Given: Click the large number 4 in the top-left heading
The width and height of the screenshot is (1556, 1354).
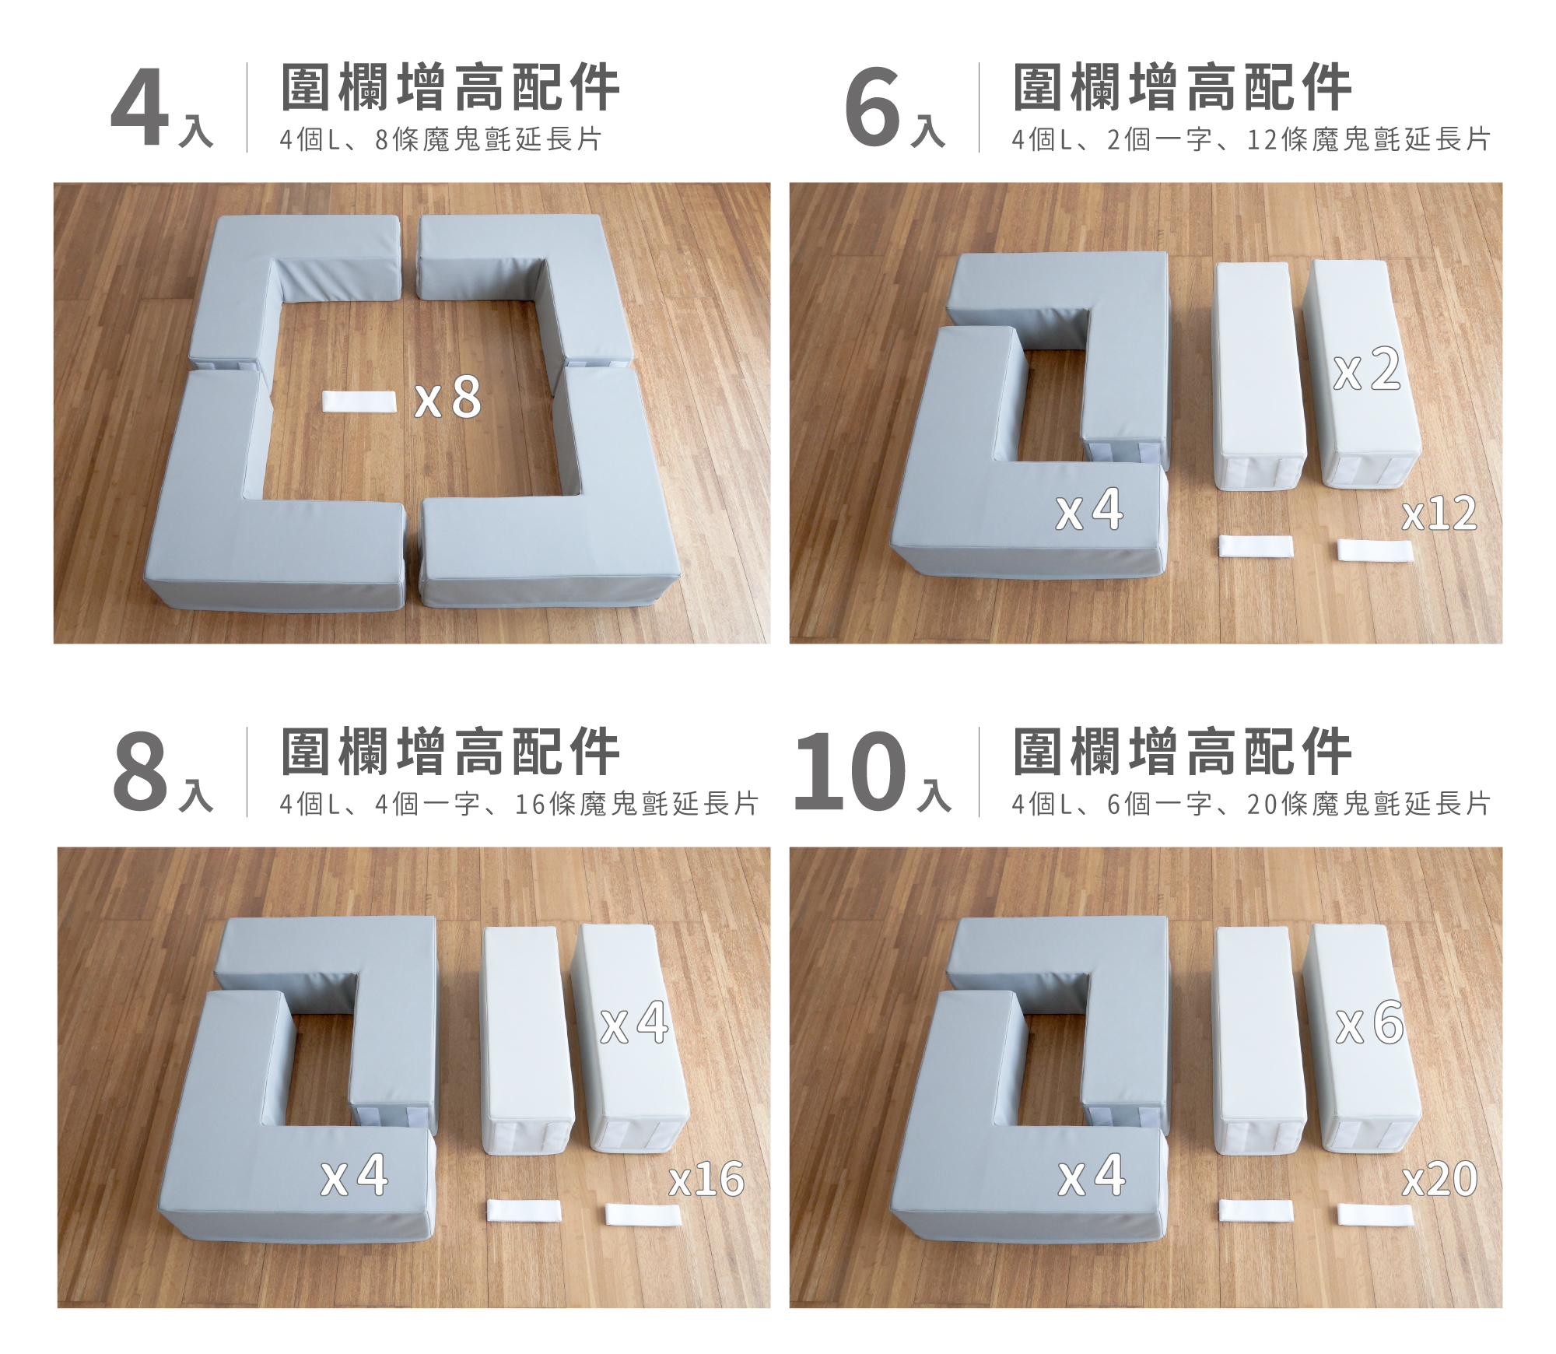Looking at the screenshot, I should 140,109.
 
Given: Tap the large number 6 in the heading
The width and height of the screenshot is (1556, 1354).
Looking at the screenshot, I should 873,109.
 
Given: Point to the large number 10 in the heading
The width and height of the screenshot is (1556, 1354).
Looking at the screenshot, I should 850,772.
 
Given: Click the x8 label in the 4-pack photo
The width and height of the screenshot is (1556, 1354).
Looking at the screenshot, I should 448,398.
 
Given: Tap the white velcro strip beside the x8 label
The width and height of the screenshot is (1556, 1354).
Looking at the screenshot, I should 359,402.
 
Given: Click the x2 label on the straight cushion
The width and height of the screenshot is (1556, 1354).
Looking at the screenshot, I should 1367,370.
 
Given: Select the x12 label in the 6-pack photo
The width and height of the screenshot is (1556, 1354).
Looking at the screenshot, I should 1439,514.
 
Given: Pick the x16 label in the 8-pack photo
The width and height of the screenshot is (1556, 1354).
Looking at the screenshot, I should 706,1180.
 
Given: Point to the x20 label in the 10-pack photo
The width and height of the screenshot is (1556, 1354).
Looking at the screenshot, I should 1439,1180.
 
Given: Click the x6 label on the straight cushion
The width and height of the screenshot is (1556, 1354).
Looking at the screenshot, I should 1369,1024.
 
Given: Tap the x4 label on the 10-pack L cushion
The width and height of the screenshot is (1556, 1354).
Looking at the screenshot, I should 1092,1176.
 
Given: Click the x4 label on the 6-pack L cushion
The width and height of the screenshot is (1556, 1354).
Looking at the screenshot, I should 1089,510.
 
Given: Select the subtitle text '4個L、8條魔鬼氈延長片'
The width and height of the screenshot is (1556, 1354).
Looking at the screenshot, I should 440,140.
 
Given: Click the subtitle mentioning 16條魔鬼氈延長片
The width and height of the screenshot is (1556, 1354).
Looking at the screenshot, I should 518,804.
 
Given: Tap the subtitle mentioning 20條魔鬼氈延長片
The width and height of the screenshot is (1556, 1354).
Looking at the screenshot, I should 1251,804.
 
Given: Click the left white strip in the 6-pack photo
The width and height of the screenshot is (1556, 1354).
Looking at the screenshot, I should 1255,546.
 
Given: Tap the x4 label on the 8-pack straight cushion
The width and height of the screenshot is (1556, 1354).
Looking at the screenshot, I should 634,1024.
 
